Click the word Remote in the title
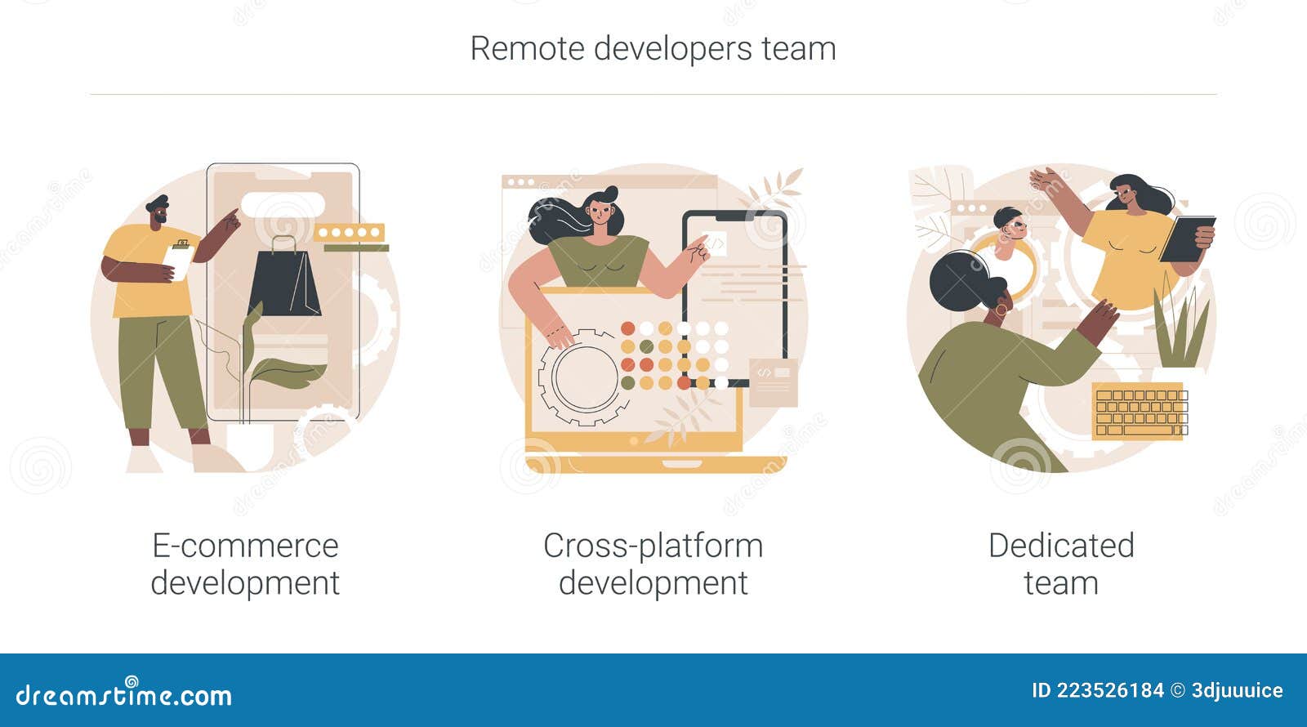(x=527, y=48)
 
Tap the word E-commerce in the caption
(x=245, y=546)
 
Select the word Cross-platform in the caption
(x=653, y=546)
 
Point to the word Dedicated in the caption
(x=1061, y=546)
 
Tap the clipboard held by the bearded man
(x=179, y=260)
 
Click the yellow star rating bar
(x=350, y=233)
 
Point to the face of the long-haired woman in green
(x=600, y=214)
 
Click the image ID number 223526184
(x=1110, y=690)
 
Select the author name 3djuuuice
(x=1237, y=690)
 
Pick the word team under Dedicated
(x=1060, y=583)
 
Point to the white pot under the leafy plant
(x=249, y=445)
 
